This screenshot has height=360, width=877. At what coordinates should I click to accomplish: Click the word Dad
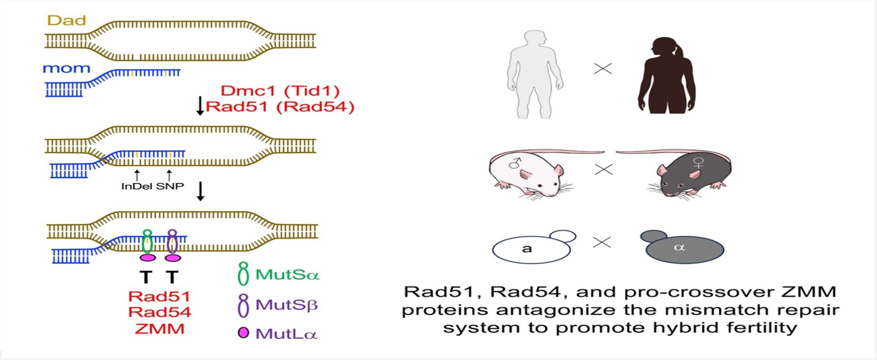67,21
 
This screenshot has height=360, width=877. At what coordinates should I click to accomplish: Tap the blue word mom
66,69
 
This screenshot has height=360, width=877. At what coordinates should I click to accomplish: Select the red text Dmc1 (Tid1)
280,90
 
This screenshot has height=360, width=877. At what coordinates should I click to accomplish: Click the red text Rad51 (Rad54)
280,106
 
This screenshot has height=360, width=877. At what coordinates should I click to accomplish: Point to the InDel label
137,186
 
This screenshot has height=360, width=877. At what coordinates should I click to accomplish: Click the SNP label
170,186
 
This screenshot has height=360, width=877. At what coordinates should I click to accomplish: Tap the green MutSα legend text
287,275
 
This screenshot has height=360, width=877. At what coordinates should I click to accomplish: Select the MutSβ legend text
286,305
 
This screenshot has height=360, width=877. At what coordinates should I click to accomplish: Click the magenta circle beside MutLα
243,333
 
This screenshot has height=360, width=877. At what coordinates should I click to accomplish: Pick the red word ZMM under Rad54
159,328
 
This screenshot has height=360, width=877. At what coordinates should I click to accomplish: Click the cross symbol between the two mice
603,169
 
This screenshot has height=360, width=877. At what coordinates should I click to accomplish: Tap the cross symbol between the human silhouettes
602,69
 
